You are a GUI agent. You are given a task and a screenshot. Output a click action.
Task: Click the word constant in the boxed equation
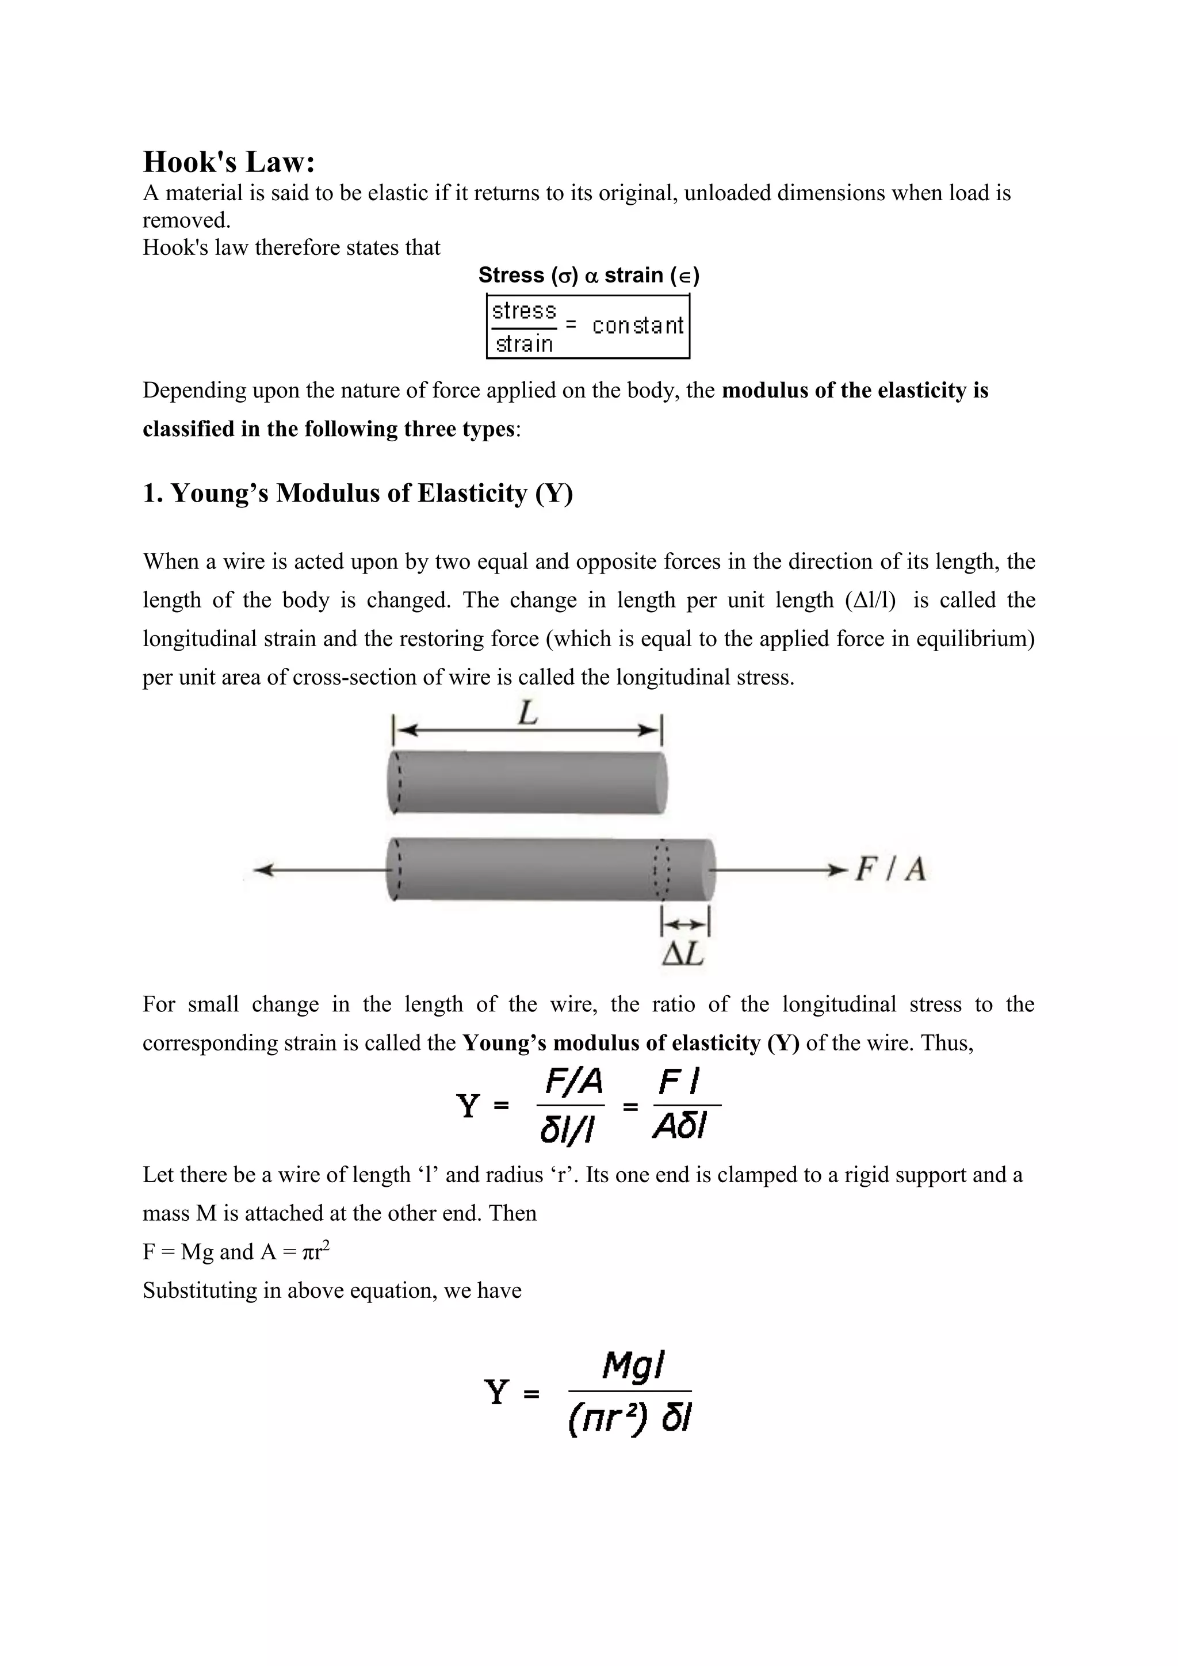pos(637,326)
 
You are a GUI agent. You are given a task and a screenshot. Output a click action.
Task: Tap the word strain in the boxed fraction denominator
pos(524,344)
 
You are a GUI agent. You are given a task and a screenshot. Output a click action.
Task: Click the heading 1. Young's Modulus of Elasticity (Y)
pos(358,494)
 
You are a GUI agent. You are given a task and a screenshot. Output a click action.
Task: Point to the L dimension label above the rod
pos(527,714)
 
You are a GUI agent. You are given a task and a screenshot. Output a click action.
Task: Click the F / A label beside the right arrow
pos(890,869)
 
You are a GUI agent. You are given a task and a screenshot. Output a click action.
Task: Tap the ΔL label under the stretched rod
pos(683,954)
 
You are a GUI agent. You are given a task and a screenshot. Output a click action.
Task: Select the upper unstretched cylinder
pos(527,782)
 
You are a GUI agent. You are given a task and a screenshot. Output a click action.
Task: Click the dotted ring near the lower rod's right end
pos(661,870)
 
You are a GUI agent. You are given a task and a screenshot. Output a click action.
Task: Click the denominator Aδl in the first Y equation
pos(680,1127)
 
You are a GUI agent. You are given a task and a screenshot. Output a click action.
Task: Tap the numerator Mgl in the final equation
pos(633,1366)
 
